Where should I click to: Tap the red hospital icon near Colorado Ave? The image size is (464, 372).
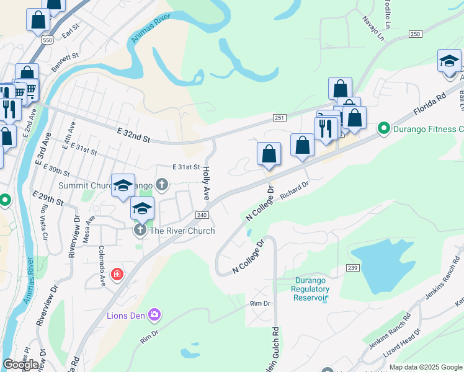[x=117, y=273]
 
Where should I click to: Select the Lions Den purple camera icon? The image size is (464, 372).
[x=154, y=315]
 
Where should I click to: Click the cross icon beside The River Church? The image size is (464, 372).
[x=140, y=231]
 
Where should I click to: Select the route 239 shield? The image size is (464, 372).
[x=352, y=267]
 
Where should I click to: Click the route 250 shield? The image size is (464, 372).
[x=415, y=34]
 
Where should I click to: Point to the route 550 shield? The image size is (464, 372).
[x=48, y=38]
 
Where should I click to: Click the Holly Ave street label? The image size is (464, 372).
[x=207, y=182]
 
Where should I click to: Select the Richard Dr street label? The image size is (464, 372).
[x=294, y=190]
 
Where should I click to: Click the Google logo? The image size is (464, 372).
[x=21, y=365]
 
